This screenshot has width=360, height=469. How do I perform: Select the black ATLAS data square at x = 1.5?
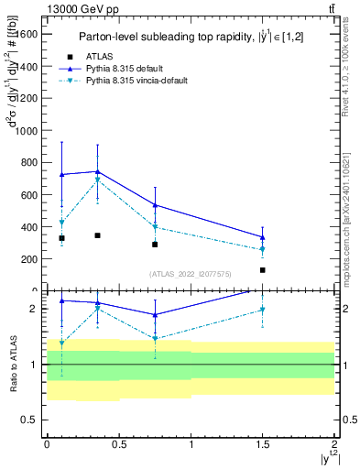pos(262,270)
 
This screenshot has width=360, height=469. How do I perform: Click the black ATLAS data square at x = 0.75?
pos(155,245)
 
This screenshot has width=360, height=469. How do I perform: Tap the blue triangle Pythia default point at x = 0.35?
pos(97,171)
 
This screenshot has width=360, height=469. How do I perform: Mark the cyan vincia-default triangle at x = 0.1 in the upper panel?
pos(61,223)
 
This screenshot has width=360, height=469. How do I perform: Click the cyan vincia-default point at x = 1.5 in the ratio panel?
pos(262,311)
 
